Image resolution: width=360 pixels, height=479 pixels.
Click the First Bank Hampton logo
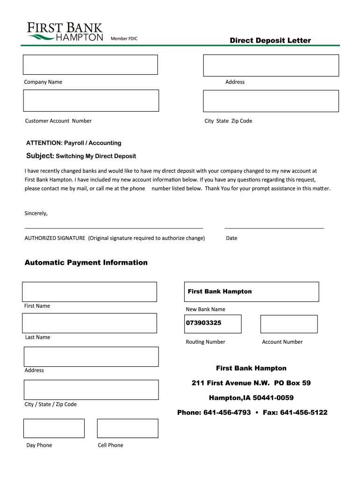coord(65,32)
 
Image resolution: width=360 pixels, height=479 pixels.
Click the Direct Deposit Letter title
coord(270,41)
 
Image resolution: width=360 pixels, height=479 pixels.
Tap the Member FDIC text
coord(124,38)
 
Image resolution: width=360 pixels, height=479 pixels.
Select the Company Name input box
coord(91,65)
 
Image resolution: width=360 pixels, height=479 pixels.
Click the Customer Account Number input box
coord(91,101)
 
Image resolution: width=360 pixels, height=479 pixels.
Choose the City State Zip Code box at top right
coord(271,101)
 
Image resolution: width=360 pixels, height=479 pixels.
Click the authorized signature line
coord(114,228)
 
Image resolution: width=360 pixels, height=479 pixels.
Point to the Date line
coord(274,228)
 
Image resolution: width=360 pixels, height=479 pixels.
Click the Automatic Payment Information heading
coord(86,262)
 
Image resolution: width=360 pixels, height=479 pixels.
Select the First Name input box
coord(89,292)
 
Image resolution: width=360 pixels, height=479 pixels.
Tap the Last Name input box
coord(89,323)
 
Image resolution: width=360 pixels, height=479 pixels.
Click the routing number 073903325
coord(204,323)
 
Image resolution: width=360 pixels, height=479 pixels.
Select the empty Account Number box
coord(288,324)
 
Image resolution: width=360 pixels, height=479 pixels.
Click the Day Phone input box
coord(54,428)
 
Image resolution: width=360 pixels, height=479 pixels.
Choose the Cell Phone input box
coord(128,428)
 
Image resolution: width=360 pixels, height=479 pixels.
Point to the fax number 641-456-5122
coord(304,413)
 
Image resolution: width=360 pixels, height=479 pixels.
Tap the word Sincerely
coord(36,213)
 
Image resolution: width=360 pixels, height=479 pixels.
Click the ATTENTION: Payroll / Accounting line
coord(73,143)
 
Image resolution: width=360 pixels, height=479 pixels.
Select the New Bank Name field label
coord(205,309)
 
